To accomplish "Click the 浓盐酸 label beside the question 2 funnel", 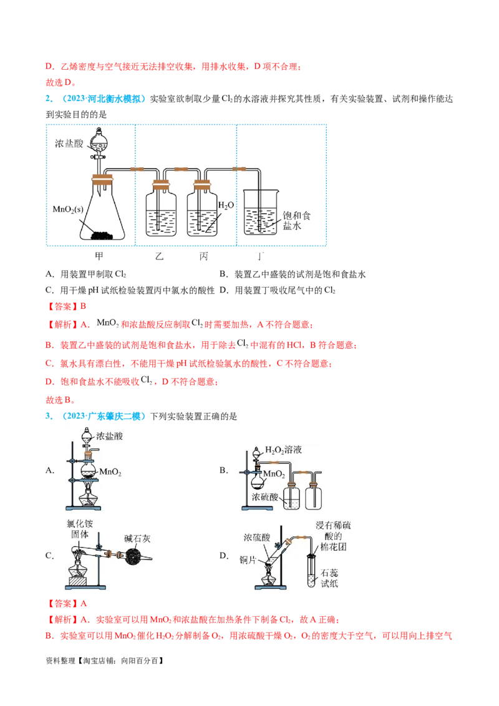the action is [x=69, y=143].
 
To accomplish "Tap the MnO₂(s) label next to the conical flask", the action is [x=68, y=210].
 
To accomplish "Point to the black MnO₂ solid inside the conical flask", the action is [x=102, y=236].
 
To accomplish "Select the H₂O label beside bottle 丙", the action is [x=226, y=205].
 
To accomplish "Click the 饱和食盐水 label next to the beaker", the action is [x=296, y=221].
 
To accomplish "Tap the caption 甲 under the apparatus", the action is [x=99, y=256].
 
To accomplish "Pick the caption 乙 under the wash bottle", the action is [x=159, y=256].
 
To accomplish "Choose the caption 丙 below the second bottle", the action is [x=203, y=256].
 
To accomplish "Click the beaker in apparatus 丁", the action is [x=261, y=212].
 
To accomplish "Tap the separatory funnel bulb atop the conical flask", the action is [x=99, y=142].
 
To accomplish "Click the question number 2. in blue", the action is [x=49, y=99].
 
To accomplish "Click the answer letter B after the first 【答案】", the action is [x=84, y=307].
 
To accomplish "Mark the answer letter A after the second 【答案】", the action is [x=84, y=604].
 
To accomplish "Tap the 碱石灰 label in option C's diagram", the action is [x=137, y=539].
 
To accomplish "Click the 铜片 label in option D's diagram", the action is [x=248, y=560].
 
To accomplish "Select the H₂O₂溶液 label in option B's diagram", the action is [x=283, y=450].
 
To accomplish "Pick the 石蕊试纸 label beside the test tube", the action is [x=329, y=578].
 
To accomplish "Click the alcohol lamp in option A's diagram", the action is [x=87, y=498].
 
